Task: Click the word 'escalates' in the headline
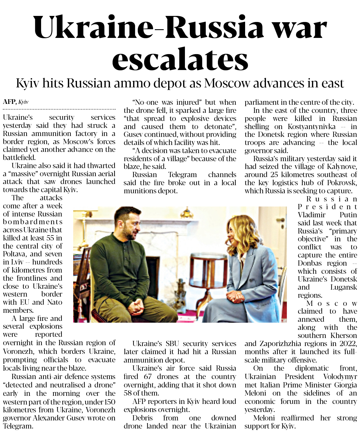pos(180,59)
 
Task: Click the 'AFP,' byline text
pos(10,102)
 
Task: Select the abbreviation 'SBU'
pos(172,343)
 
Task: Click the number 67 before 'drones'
pos(148,376)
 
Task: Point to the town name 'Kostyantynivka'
pos(311,126)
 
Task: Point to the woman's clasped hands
pos(235,296)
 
